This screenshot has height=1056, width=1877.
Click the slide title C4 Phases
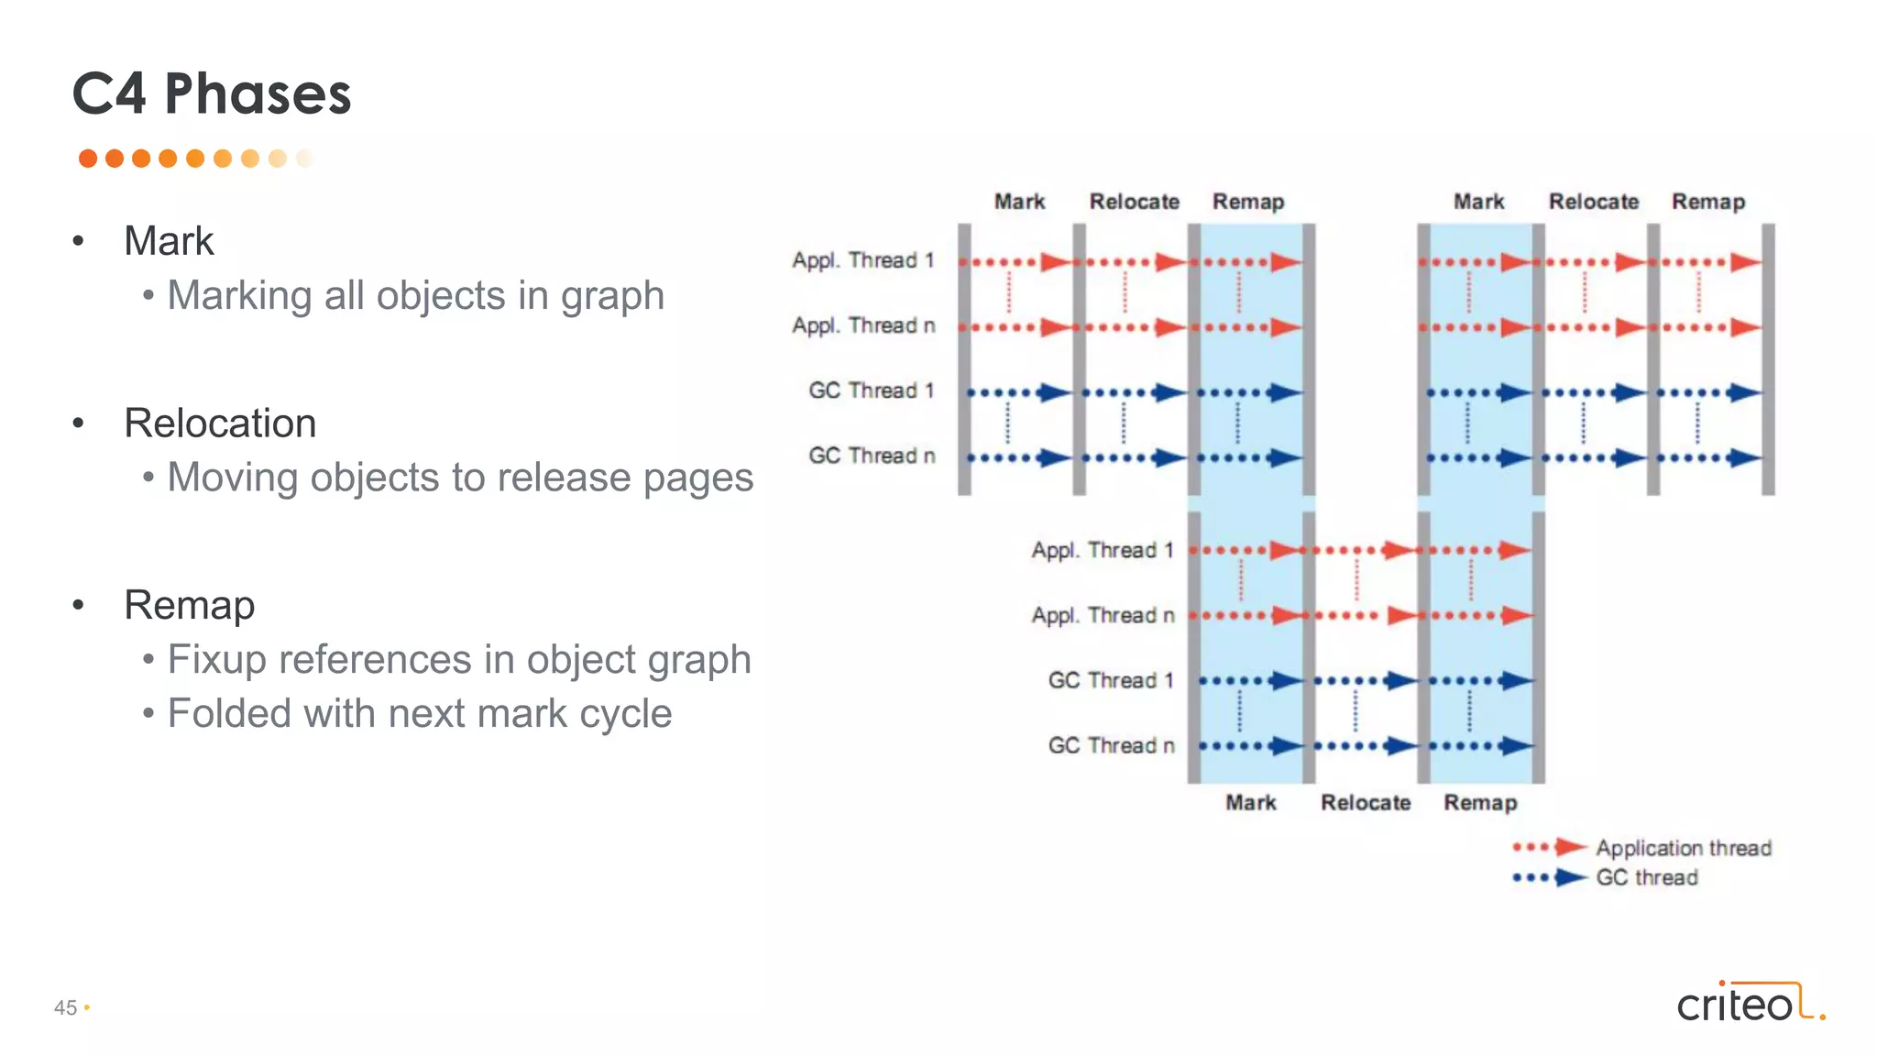212,93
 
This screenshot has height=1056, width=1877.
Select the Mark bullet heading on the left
169,241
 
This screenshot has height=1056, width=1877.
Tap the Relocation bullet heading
220,423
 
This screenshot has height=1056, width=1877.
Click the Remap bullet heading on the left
189,605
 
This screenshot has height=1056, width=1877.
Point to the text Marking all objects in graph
415,295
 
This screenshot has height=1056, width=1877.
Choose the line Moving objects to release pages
460,478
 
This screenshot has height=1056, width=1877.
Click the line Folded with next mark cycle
420,713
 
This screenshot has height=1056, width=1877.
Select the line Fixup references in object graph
459,659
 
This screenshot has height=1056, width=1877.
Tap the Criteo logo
1750,1003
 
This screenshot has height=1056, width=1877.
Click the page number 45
65,1007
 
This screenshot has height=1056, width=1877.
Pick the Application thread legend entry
1683,848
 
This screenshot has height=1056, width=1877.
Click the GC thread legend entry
1646,877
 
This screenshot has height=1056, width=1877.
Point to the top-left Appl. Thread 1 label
863,260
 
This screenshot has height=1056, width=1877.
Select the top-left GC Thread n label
872,456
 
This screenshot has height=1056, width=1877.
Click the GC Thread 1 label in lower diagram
1111,680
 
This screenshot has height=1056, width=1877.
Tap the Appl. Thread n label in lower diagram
1103,615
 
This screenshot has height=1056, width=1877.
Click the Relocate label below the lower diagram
1366,803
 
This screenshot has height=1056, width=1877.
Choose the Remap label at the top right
1708,202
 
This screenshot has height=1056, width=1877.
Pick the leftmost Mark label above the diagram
1019,202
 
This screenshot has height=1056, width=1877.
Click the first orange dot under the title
88,159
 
